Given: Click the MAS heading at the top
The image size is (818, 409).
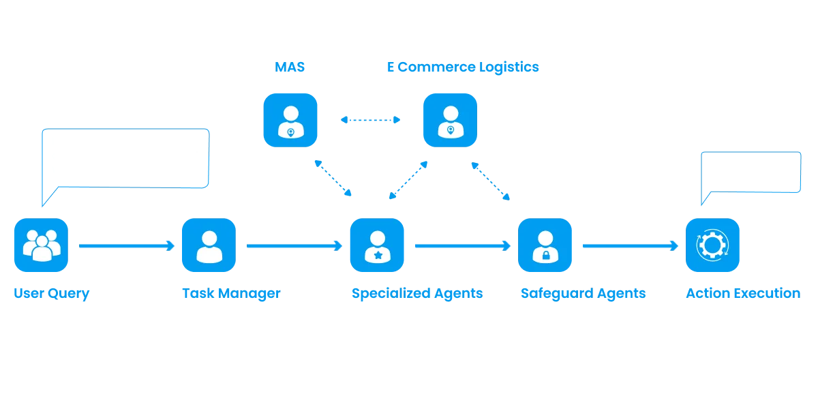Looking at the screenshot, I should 290,67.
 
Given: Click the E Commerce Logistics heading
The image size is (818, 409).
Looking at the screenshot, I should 463,67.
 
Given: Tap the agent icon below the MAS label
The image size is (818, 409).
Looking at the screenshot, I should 290,120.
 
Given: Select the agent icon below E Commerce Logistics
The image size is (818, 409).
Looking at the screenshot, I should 450,120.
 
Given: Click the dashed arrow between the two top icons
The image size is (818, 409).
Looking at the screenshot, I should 370,120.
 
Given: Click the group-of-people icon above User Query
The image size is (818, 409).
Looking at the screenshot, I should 42,245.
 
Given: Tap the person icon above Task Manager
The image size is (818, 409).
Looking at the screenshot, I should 209,245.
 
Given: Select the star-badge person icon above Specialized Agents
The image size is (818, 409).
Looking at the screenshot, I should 377,245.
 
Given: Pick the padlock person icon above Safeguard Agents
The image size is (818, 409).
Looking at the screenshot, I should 545,245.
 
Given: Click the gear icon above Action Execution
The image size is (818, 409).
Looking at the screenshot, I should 713,245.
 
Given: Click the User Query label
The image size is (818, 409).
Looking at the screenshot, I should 51,294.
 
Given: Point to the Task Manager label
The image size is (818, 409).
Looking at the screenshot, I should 230,294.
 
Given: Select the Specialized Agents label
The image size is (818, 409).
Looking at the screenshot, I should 416,294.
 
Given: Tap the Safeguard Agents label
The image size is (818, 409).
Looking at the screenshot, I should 583,294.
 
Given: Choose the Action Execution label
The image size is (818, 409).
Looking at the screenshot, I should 742,294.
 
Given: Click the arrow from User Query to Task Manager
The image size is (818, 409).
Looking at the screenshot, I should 125,245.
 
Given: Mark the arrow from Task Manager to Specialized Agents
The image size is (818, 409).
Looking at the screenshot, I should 293,245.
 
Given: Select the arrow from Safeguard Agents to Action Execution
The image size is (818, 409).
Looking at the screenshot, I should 628,245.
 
